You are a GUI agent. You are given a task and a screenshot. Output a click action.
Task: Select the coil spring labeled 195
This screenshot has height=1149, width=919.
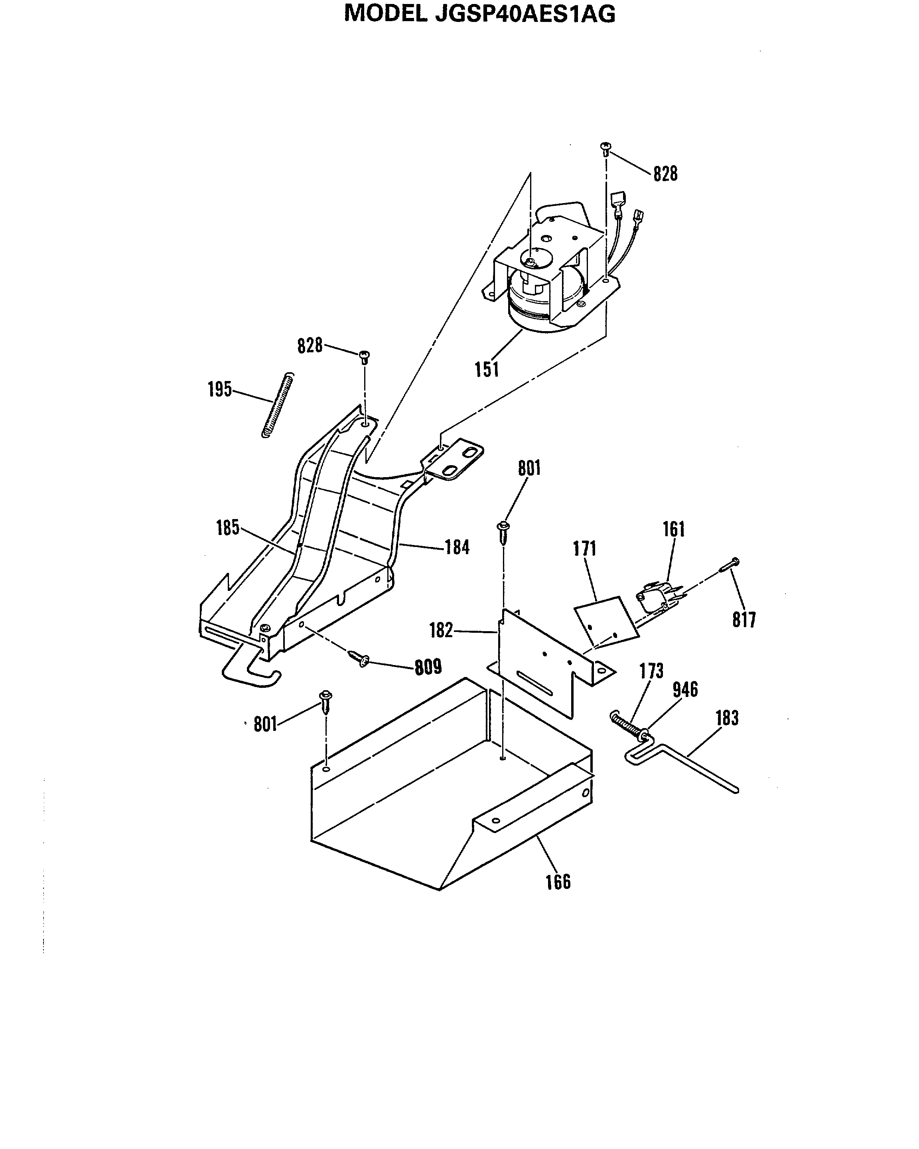coord(278,405)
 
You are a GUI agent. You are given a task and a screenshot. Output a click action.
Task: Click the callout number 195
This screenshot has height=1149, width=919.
coord(219,389)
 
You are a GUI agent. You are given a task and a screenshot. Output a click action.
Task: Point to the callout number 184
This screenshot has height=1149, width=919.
coord(457,547)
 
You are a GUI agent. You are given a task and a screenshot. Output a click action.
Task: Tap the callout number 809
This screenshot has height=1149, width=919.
coord(428,667)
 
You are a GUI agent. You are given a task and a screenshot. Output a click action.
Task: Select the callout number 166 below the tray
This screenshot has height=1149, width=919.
coord(558,882)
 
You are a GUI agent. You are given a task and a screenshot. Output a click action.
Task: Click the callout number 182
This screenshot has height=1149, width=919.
coord(441,630)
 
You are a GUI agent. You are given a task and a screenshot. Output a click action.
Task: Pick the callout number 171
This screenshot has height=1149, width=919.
coord(584,549)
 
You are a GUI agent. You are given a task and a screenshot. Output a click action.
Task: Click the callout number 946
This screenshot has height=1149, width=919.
coord(685,690)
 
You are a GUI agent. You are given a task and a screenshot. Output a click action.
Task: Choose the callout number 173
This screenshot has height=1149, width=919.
coord(651,671)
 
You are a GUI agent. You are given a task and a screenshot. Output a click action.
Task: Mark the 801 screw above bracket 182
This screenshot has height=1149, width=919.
coord(503,531)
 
